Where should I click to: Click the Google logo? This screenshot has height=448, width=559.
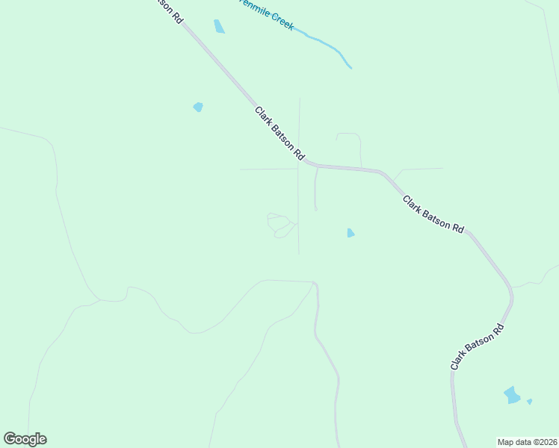click(x=25, y=439)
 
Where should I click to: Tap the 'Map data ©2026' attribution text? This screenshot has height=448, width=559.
click(x=528, y=441)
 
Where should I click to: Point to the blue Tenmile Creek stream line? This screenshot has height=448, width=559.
click(x=329, y=45)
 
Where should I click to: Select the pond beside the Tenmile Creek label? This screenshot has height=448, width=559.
click(x=219, y=27)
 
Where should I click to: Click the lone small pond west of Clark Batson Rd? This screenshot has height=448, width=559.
click(x=198, y=107)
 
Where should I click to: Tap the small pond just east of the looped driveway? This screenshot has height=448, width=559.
click(x=350, y=233)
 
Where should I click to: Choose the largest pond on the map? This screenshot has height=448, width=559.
click(x=512, y=394)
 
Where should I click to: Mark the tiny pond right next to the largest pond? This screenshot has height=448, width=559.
click(x=529, y=402)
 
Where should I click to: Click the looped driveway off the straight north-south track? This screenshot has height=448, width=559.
click(x=279, y=225)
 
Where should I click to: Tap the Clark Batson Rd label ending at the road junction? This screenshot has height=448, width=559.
click(x=279, y=134)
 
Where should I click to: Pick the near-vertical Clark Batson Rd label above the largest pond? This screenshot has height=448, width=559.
click(x=478, y=346)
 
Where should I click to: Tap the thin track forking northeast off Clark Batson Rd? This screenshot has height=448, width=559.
click(x=422, y=169)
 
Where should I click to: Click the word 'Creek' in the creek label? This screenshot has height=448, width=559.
click(x=278, y=21)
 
